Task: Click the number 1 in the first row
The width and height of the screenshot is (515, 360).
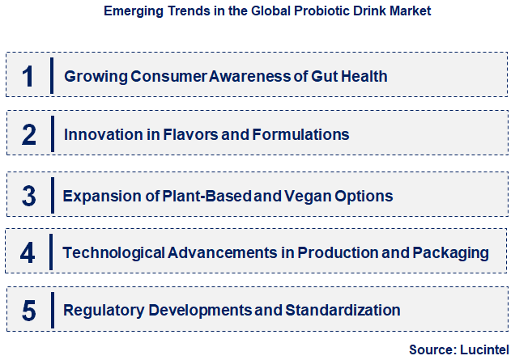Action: [x=28, y=76]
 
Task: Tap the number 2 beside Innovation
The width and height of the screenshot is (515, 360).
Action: [x=28, y=134]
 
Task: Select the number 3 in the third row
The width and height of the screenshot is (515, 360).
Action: [x=28, y=196]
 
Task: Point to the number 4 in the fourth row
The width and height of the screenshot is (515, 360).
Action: [x=28, y=252]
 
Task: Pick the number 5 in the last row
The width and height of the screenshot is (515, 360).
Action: [x=28, y=310]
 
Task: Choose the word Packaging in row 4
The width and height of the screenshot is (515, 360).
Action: [x=450, y=252]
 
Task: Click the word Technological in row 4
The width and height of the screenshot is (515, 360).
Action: [x=113, y=252]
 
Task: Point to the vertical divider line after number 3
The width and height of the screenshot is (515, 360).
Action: [x=51, y=195]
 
